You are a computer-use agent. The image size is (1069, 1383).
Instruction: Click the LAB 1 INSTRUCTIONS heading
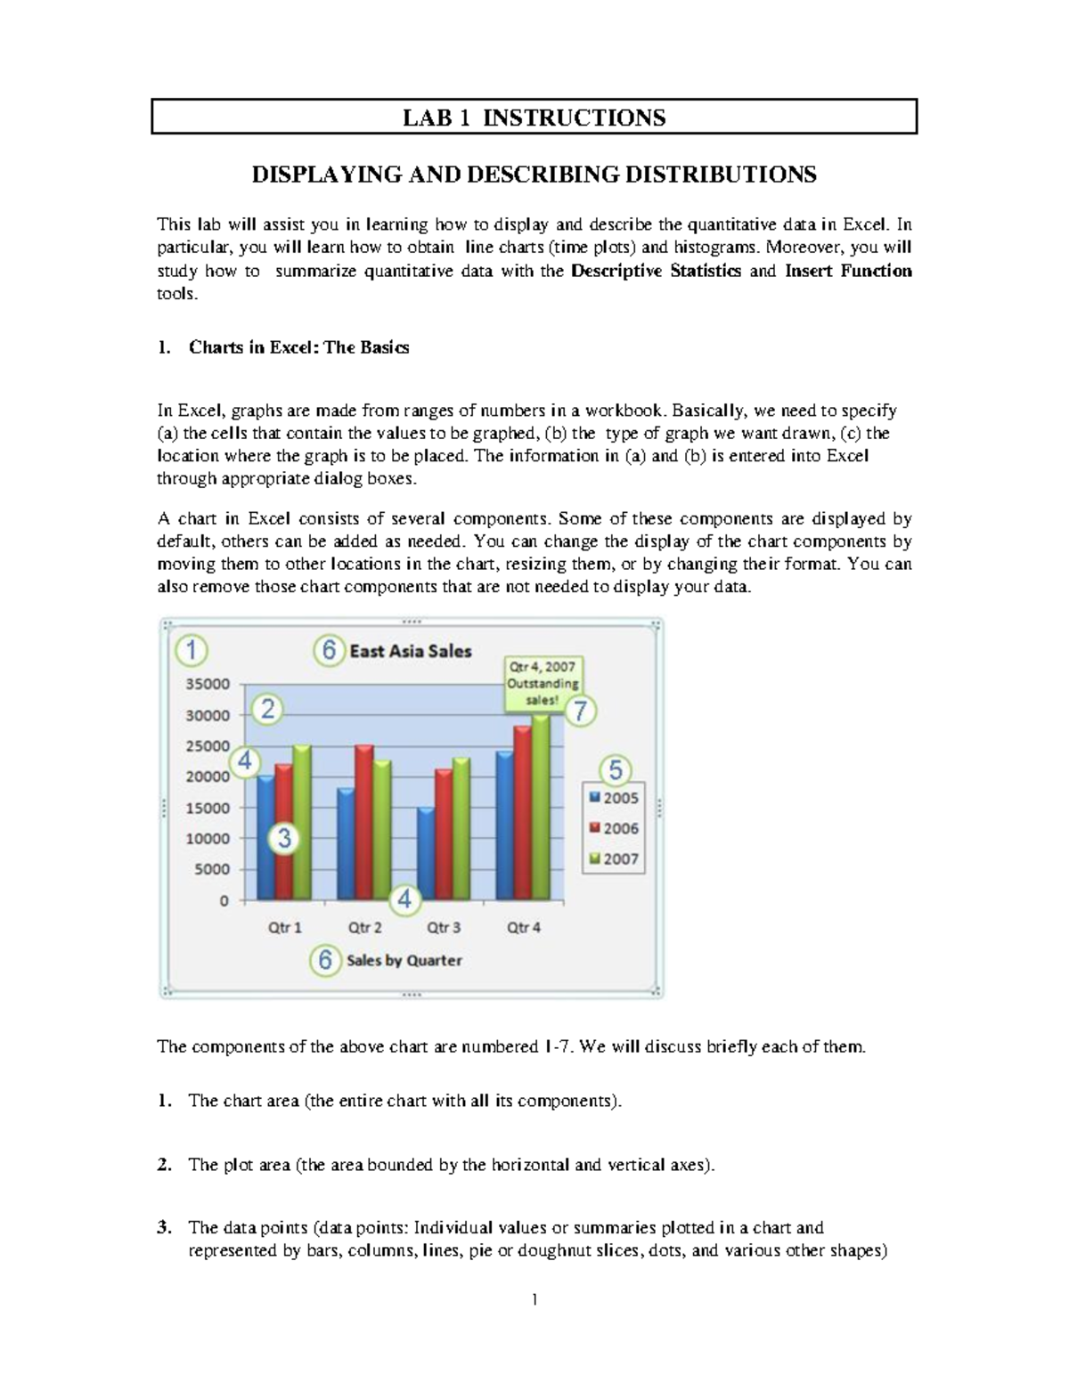[534, 118]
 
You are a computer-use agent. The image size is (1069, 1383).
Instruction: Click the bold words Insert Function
[847, 271]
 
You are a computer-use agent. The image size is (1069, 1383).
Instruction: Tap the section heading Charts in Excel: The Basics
[298, 347]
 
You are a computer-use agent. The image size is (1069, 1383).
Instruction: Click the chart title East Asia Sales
[410, 651]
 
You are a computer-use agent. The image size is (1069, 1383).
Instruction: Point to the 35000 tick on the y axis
[208, 684]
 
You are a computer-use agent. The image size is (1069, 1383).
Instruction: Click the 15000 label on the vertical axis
[208, 808]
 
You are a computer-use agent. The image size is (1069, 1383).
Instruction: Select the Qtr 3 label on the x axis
[444, 927]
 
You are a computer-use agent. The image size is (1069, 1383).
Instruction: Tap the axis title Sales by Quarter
[404, 960]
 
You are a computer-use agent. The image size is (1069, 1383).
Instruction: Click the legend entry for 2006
[613, 828]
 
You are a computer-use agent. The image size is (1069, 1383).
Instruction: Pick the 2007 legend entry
[613, 858]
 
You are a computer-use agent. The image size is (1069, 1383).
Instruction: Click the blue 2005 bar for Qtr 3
[426, 855]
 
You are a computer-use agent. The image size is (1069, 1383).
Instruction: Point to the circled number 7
[581, 712]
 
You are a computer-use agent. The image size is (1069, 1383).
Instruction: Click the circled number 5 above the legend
[615, 769]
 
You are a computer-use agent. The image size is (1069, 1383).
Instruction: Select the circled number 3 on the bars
[284, 838]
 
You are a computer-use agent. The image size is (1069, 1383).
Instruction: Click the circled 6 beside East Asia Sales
[329, 651]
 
